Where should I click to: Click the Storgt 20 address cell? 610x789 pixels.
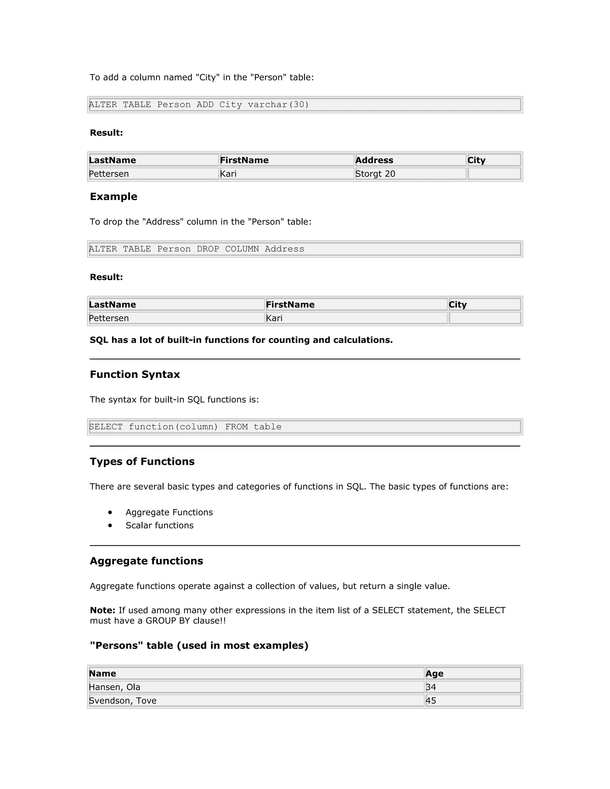coord(375,174)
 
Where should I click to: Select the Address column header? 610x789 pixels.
coord(374,160)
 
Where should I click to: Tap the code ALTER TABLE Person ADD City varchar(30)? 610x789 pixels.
coord(199,105)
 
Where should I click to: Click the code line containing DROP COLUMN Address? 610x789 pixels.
coord(196,249)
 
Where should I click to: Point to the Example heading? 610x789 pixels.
coord(113,197)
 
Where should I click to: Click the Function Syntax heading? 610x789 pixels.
coord(135,374)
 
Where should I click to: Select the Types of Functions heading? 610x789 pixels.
coord(142,461)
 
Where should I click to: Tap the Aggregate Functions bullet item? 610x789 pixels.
coord(169,512)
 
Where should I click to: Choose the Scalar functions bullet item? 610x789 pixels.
coord(159,525)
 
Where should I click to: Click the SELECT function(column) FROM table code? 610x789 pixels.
coord(185,427)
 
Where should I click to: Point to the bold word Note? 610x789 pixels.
coord(102,610)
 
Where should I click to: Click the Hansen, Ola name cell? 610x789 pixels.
coord(115,687)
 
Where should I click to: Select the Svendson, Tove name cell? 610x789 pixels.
coord(122,701)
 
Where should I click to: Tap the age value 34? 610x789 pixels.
coord(431,687)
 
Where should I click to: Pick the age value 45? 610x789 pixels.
coord(431,701)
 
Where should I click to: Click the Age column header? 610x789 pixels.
coord(434,673)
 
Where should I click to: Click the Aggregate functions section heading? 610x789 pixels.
coord(146,561)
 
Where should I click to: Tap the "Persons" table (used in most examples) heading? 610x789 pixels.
coord(199,645)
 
